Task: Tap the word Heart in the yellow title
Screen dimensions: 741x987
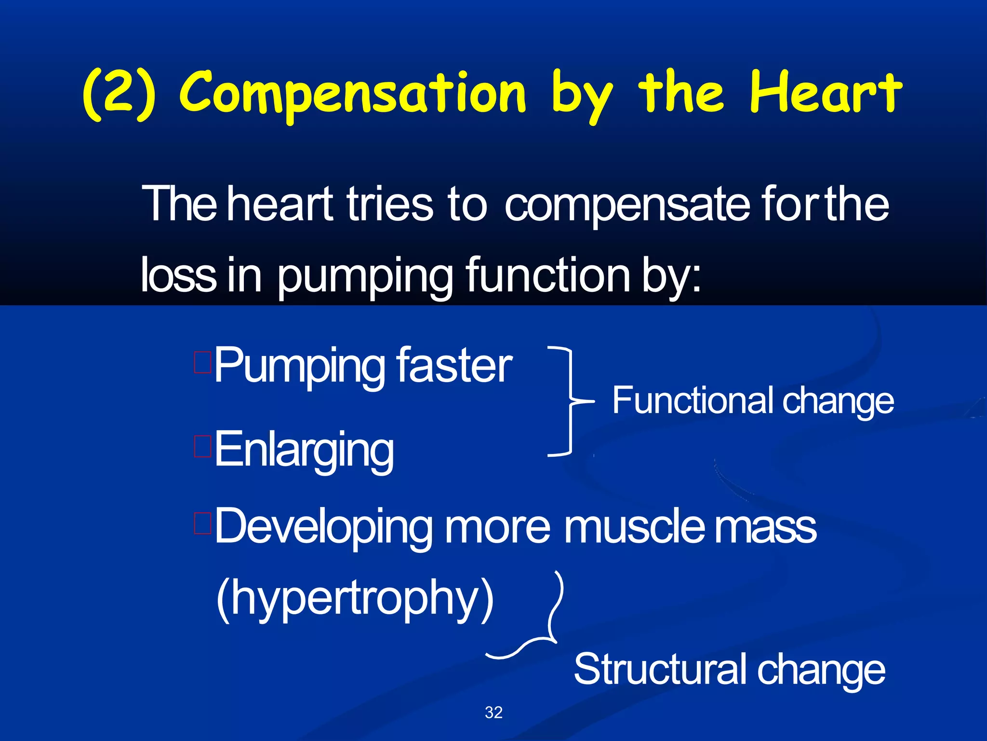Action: (825, 92)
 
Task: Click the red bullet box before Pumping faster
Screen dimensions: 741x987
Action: (203, 363)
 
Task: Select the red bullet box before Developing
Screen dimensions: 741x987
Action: (203, 523)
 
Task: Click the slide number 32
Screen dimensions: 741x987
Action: (493, 713)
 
